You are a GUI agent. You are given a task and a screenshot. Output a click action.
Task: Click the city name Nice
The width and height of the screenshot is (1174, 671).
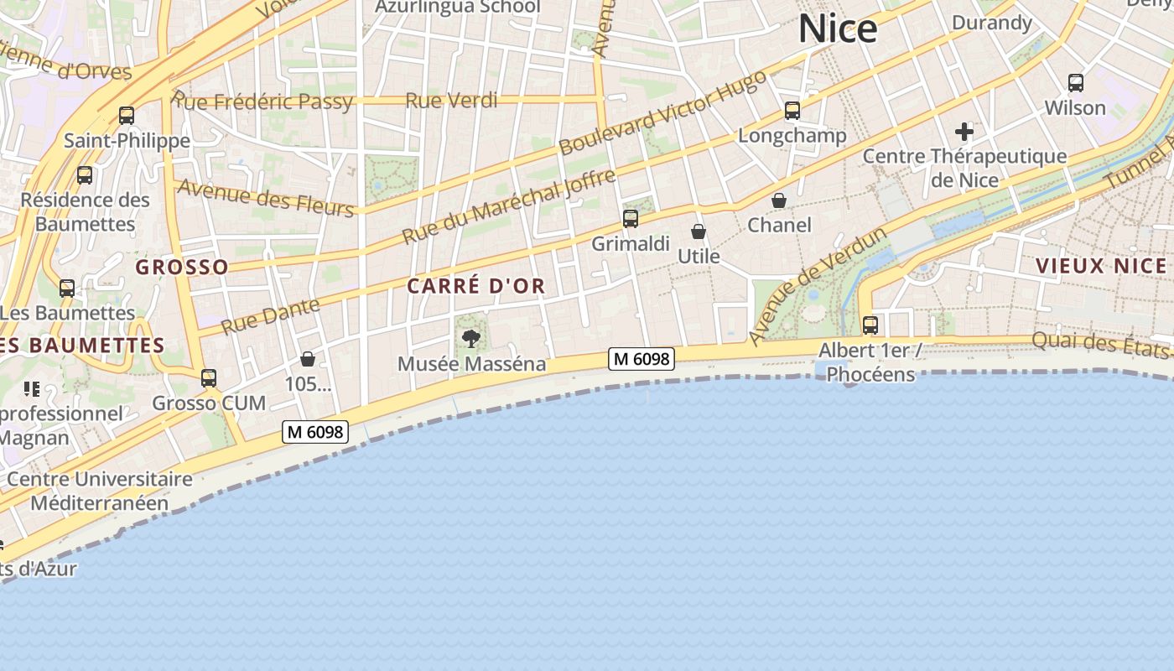(837, 29)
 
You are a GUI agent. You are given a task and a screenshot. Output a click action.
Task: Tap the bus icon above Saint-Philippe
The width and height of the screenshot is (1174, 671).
(127, 116)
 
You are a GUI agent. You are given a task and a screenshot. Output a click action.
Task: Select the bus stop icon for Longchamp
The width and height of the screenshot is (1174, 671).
(792, 111)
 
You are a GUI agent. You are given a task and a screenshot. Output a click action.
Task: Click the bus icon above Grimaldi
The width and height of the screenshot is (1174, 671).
(631, 219)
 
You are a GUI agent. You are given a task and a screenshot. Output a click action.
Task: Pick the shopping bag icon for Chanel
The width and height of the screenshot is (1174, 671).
(779, 200)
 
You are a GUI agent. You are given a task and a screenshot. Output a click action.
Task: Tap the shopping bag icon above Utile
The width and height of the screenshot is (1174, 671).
(699, 231)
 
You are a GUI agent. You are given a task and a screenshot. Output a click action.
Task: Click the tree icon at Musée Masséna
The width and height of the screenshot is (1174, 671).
(471, 339)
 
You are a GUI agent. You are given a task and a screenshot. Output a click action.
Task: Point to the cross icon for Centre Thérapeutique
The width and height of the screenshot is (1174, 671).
(964, 131)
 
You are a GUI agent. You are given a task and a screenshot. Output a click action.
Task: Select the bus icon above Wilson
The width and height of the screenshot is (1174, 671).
(1076, 83)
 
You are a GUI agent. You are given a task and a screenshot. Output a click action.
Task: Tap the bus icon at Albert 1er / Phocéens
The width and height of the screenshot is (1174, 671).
(870, 325)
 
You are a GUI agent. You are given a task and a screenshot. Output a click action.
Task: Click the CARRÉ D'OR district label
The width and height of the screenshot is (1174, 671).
(476, 286)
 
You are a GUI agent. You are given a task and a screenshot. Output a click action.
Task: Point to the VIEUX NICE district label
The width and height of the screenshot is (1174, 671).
(1101, 267)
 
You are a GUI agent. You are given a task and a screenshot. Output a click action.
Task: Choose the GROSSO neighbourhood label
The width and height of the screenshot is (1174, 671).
(182, 268)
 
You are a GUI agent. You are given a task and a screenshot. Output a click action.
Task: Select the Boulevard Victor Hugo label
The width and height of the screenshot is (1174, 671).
(662, 112)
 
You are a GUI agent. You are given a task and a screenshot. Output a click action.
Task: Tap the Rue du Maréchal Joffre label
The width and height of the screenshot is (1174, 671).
(508, 206)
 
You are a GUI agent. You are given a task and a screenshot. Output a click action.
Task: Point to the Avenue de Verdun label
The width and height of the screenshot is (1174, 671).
(818, 285)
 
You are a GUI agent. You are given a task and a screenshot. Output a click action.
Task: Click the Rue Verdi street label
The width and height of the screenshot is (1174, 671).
(451, 101)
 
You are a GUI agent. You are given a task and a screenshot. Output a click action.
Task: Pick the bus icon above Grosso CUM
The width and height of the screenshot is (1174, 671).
(209, 378)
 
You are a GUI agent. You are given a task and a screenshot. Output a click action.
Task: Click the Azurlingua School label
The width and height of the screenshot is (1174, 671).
(457, 7)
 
